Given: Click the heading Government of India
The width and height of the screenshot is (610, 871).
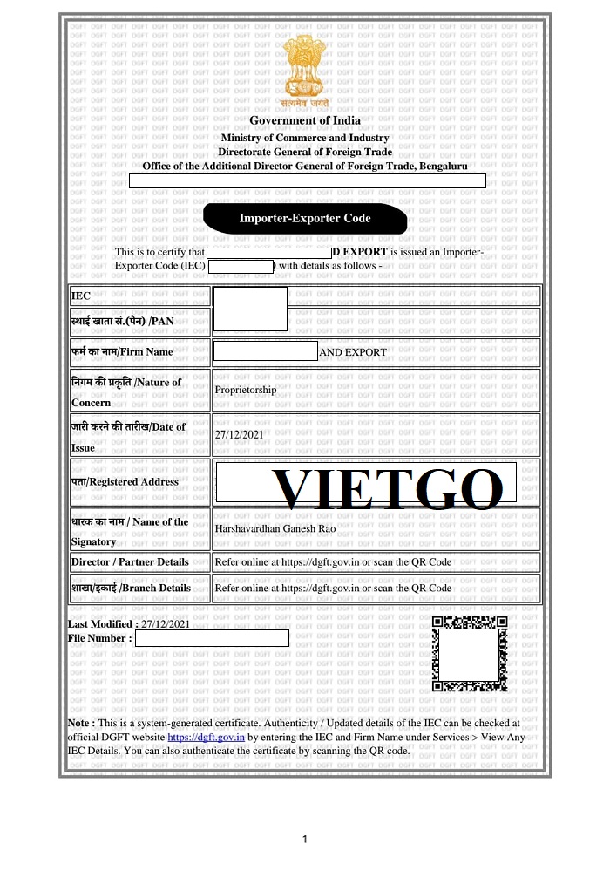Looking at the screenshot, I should point(305,120).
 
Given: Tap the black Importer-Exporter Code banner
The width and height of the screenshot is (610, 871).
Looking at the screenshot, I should point(305,218).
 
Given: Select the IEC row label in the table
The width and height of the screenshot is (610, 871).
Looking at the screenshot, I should point(81,296).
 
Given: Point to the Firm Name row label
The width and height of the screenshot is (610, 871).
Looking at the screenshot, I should point(122,352).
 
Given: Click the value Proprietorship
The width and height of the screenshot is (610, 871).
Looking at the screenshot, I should point(246,390).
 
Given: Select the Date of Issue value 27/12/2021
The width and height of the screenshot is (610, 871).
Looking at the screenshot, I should point(239,434).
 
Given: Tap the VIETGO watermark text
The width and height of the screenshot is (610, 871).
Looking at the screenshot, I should point(388,489).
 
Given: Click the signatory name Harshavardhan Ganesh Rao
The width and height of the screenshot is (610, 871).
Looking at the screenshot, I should point(274,528).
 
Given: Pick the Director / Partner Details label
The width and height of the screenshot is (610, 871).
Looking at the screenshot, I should point(130,562).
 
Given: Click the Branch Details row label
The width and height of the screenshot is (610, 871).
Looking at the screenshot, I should point(131,588).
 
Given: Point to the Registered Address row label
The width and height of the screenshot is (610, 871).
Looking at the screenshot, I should point(125,481).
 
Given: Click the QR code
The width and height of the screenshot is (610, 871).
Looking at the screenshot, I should point(470,653).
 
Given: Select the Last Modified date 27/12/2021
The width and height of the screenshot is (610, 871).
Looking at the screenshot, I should point(165,624).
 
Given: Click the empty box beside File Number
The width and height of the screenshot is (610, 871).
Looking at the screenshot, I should point(212,638).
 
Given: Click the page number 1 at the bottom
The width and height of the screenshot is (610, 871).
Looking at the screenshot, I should point(305,840).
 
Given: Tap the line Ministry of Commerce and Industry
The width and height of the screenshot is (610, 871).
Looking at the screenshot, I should point(305,138).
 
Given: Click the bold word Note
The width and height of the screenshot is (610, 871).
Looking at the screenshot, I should point(81,723).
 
